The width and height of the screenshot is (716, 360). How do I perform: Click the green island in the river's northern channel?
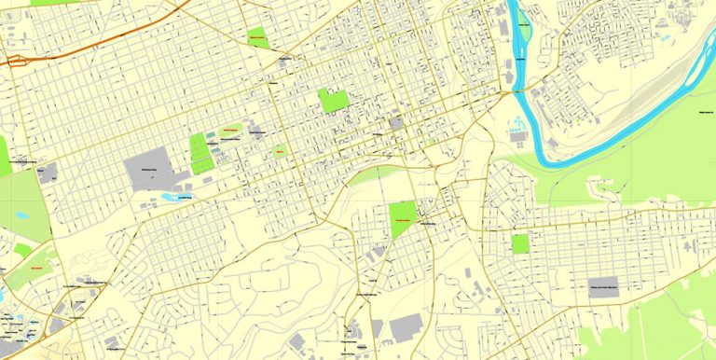[x=523, y=28]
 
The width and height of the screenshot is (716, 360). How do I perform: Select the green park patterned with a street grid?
[x=200, y=153]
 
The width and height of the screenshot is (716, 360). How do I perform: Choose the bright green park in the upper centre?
[x=333, y=100]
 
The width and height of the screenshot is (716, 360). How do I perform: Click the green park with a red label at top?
[x=257, y=39]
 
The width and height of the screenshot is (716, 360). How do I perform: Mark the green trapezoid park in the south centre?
[x=403, y=218]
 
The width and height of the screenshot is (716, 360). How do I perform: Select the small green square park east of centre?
[x=520, y=243]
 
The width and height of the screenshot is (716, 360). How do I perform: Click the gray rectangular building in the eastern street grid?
[x=603, y=287]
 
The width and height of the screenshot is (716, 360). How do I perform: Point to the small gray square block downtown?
[x=396, y=122]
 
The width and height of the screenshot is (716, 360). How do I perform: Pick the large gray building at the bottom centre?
[x=406, y=327]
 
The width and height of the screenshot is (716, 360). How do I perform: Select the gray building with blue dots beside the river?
[x=517, y=135]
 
